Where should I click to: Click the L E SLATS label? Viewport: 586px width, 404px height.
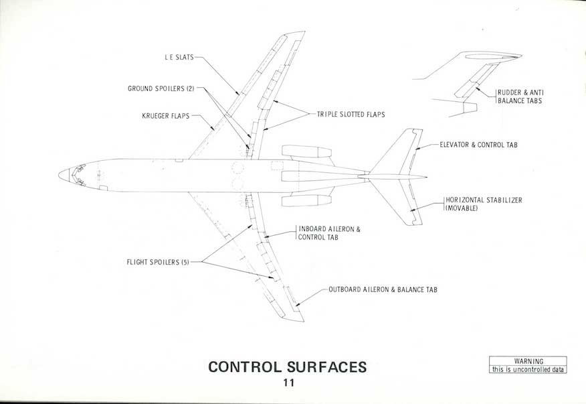(x=179, y=58)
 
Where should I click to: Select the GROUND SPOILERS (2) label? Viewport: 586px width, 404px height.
(x=161, y=88)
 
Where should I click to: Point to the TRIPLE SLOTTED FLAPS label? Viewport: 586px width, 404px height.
(x=351, y=115)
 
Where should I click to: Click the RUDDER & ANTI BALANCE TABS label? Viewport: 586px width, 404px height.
(x=519, y=96)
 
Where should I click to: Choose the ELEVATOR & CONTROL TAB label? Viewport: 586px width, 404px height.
(x=478, y=145)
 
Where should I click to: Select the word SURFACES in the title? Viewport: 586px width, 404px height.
(x=328, y=367)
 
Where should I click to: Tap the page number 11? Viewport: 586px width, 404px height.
(x=288, y=383)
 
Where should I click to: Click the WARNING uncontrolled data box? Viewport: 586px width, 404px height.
(x=527, y=365)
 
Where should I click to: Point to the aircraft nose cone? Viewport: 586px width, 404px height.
(x=64, y=175)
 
